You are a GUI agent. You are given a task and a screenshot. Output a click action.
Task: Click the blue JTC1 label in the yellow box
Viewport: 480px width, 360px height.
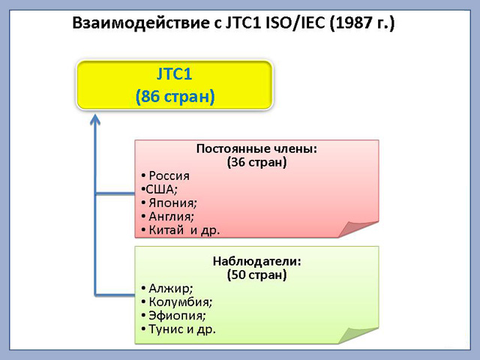174,74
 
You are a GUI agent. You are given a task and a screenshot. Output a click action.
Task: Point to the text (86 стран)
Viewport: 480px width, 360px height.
175,97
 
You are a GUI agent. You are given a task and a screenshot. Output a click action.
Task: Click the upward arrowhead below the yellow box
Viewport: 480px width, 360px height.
95,119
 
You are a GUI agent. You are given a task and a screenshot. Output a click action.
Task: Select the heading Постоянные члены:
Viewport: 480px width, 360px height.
256,148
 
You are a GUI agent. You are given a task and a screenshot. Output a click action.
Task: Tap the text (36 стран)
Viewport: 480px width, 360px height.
256,162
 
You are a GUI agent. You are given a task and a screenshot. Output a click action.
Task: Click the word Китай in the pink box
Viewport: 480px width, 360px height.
166,230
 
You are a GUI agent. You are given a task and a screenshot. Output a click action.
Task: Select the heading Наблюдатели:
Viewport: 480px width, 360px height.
256,262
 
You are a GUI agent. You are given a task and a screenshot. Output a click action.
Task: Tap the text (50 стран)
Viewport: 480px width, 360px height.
256,274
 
